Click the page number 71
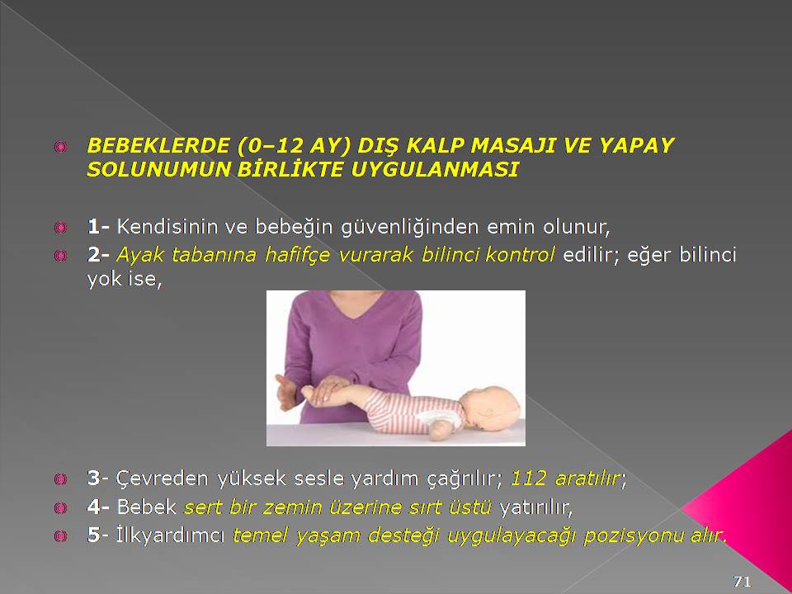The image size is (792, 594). (742, 581)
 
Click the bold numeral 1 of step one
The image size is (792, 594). (93, 227)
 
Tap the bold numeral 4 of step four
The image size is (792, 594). (93, 507)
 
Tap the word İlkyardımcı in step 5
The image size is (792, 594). (170, 535)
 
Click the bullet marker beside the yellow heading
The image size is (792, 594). (60, 147)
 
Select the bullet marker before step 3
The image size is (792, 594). (60, 478)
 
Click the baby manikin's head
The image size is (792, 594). (490, 408)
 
